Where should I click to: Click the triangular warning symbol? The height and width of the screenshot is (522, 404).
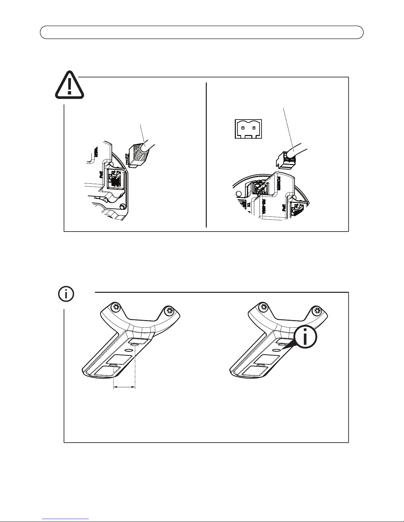(x=69, y=85)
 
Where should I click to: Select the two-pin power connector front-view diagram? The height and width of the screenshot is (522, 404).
(x=248, y=129)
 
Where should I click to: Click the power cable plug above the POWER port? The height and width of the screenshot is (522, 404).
(x=286, y=159)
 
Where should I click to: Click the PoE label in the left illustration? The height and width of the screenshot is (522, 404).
(x=101, y=173)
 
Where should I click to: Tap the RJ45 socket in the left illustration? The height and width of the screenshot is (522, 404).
(x=114, y=179)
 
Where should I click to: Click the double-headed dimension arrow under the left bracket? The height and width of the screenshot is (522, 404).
(x=124, y=388)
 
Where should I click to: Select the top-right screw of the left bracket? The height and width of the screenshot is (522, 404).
(x=170, y=310)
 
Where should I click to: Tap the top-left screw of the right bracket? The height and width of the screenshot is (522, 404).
(x=263, y=307)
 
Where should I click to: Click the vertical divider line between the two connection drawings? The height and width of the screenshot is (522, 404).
(x=206, y=155)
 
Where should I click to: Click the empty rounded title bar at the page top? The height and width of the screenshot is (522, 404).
(x=202, y=33)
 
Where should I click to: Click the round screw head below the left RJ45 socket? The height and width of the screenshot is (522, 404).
(x=123, y=207)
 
